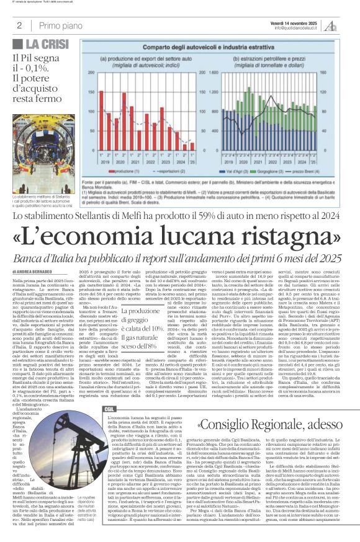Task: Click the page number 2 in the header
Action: point(19,25)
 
